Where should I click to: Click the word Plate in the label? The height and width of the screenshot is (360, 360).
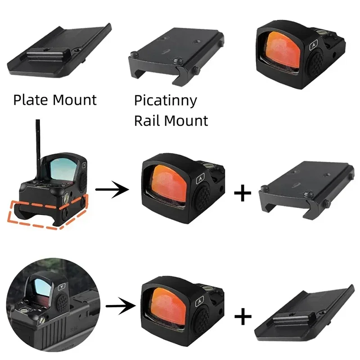[x=30, y=99]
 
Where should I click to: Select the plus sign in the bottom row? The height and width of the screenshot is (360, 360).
[x=243, y=317]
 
